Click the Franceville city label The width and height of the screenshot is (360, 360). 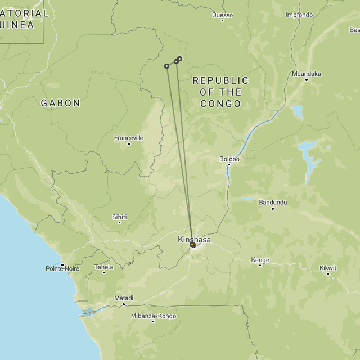[x=129, y=137]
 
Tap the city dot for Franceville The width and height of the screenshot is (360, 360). [x=129, y=144]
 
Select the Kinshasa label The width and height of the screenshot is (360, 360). [x=194, y=240]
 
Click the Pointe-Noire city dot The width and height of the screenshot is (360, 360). [x=62, y=264]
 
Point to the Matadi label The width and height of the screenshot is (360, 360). [x=124, y=298]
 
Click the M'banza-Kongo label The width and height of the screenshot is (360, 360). [x=154, y=316]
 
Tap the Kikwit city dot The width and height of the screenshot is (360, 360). [x=328, y=274]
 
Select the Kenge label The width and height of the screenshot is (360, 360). [x=260, y=260]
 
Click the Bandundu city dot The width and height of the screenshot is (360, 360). [x=273, y=209]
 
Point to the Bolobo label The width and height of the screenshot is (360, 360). [x=229, y=159]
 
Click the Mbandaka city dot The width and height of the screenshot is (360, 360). [x=307, y=80]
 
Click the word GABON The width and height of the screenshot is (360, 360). [x=60, y=103]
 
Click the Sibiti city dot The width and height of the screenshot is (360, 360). [x=119, y=223]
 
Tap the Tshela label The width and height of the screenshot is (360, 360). [x=103, y=267]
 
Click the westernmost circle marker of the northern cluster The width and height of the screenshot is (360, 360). [x=166, y=66]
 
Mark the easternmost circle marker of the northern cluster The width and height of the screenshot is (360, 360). [x=179, y=58]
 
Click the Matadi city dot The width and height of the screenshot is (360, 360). [x=124, y=304]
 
